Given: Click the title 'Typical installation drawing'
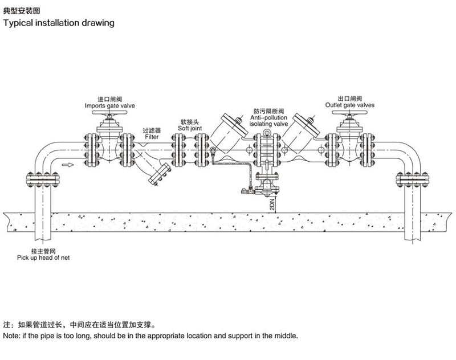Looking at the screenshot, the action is [59, 23].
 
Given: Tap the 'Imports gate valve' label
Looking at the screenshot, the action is [109, 106].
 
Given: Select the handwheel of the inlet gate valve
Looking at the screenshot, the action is [109, 113].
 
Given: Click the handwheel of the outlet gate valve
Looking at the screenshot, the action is [349, 113].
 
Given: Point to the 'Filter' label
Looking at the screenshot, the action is [152, 137].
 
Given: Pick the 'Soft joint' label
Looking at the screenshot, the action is [190, 128].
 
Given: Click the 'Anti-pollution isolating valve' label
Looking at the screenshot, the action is [268, 121].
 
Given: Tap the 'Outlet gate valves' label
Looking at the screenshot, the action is [350, 105].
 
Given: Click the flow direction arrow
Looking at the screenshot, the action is [68, 165].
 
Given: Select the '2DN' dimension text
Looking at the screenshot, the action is [272, 204].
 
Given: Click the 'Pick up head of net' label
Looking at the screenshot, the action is [43, 257].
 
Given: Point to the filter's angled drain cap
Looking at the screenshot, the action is [160, 174].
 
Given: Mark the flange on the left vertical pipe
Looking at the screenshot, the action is [43, 179].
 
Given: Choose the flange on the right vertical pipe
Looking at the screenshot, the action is [412, 179].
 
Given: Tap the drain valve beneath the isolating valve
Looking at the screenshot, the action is [267, 185].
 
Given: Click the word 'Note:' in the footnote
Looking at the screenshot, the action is [11, 336].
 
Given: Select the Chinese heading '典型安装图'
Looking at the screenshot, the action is [21, 11].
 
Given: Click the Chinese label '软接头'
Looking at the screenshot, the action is [190, 122].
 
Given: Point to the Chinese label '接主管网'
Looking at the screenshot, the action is [43, 251].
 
